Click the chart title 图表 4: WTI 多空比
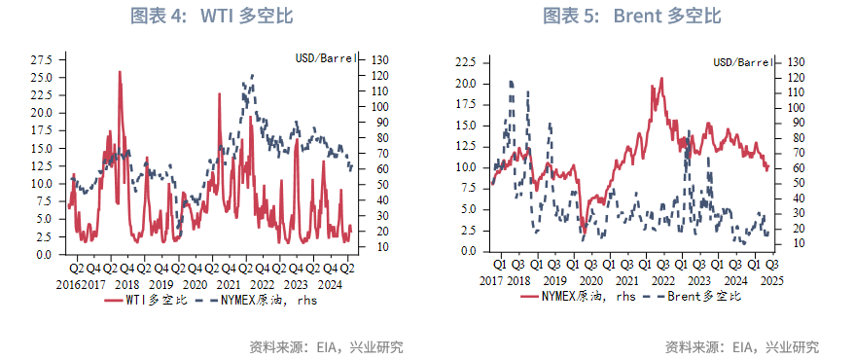pyautogui.click(x=211, y=17)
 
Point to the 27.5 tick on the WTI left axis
pyautogui.click(x=43, y=59)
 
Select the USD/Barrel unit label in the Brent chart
pyautogui.click(x=743, y=62)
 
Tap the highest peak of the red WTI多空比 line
pyautogui.click(x=120, y=72)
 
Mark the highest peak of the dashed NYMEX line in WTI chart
pyautogui.click(x=253, y=75)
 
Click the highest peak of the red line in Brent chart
pyautogui.click(x=661, y=79)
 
